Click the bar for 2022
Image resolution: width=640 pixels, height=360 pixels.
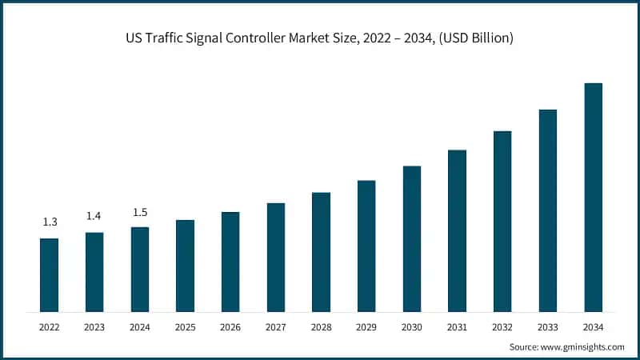pyautogui.click(x=49, y=275)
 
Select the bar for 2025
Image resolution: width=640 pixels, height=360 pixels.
pyautogui.click(x=185, y=266)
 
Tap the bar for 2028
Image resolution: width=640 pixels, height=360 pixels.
pyautogui.click(x=321, y=252)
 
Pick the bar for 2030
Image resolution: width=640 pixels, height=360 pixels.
pyautogui.click(x=411, y=238)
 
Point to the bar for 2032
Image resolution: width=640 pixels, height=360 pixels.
pyautogui.click(x=502, y=221)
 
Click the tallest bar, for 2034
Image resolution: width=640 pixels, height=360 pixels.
pyautogui.click(x=593, y=197)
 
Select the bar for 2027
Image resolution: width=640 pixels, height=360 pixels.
pyautogui.click(x=275, y=257)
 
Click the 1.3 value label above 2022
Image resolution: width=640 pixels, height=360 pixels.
pyautogui.click(x=50, y=222)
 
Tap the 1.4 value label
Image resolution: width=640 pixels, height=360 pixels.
pyautogui.click(x=94, y=216)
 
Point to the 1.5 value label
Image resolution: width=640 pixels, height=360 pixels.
pyautogui.click(x=140, y=212)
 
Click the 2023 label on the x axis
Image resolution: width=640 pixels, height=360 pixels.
pyautogui.click(x=94, y=327)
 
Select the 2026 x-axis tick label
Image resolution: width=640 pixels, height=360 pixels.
pyautogui.click(x=230, y=327)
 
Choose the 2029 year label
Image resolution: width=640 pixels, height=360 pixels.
pyautogui.click(x=366, y=327)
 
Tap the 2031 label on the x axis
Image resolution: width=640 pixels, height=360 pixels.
pyautogui.click(x=457, y=327)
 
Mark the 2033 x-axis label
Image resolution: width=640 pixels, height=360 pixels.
pyautogui.click(x=547, y=327)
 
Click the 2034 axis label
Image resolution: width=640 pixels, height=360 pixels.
pyautogui.click(x=593, y=327)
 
